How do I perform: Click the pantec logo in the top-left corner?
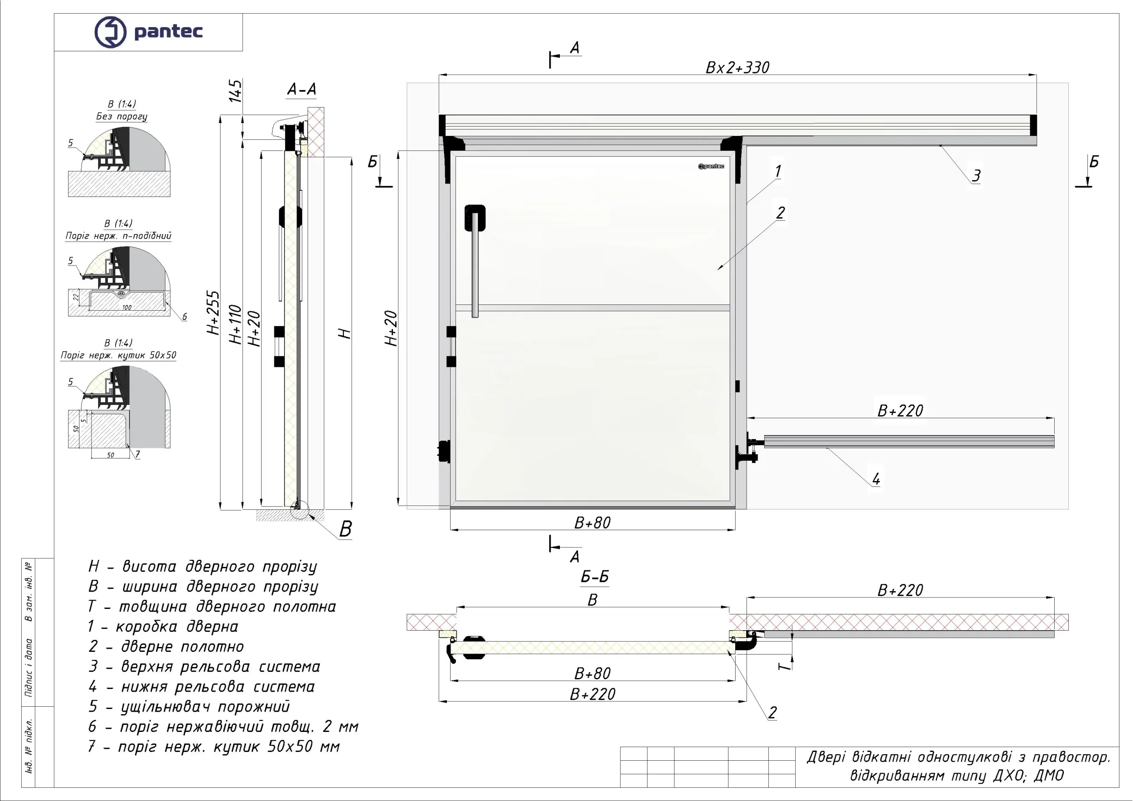(148, 31)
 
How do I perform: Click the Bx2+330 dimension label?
(737, 68)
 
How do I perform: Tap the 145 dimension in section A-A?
(235, 91)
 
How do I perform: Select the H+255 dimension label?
(213, 313)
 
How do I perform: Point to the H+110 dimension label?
(235, 324)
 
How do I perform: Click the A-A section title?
(301, 89)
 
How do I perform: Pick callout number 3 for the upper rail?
(975, 176)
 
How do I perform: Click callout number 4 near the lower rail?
(876, 479)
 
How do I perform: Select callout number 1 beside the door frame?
(778, 171)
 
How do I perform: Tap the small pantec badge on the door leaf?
(711, 166)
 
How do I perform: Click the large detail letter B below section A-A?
(345, 529)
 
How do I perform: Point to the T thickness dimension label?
(784, 666)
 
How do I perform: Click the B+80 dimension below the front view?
(592, 523)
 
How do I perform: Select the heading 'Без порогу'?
(121, 116)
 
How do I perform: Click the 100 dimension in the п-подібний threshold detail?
(127, 308)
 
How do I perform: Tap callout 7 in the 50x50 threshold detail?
(137, 454)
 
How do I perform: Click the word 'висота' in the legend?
(149, 566)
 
